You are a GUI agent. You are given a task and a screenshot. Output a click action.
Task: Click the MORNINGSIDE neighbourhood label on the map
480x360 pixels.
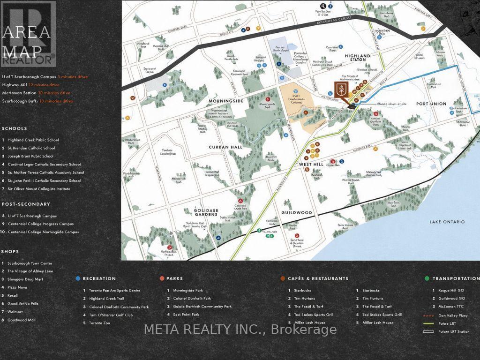(226, 101)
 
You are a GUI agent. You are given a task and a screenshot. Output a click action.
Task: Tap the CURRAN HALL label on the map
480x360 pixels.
(225, 147)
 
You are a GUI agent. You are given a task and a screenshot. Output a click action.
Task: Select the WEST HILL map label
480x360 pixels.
(312, 165)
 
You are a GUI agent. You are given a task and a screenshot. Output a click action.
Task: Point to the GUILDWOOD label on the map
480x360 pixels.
(297, 212)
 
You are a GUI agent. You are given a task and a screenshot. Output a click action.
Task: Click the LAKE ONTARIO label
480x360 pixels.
(447, 222)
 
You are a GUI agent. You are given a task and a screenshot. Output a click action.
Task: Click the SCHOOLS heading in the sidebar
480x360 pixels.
(15, 128)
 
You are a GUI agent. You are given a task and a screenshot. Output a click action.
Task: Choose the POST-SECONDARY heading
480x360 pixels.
(26, 204)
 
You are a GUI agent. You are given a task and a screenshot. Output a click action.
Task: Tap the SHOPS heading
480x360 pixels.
(10, 252)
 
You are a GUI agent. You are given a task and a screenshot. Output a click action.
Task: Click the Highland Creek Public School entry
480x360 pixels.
(33, 140)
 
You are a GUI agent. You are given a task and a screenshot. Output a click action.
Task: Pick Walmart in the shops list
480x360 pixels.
(15, 312)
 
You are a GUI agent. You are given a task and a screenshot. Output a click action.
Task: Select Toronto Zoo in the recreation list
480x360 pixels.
(99, 323)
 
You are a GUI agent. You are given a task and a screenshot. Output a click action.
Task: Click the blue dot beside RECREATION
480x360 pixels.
(78, 278)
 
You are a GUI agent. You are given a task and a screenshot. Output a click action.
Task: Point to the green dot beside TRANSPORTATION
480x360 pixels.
(427, 278)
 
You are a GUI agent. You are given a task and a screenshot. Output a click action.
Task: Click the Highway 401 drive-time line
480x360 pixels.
(31, 85)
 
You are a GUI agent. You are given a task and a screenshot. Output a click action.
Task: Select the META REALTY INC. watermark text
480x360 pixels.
(240, 330)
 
